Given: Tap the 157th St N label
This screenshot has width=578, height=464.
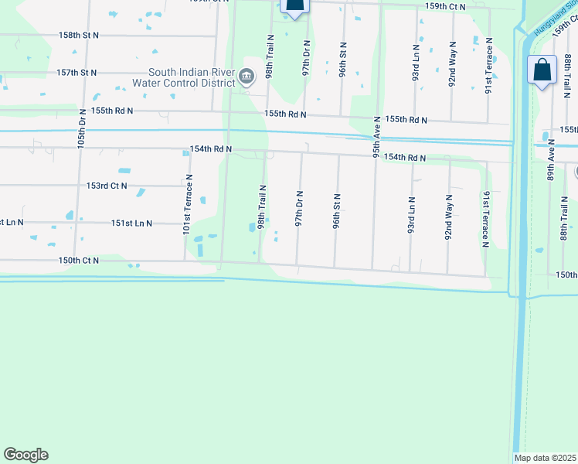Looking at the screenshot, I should (x=77, y=73).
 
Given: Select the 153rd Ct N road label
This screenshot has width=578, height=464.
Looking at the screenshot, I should (x=107, y=186).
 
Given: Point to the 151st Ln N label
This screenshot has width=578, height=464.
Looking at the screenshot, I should (x=131, y=223).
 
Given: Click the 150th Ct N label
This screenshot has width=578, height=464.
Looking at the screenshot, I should (x=78, y=261).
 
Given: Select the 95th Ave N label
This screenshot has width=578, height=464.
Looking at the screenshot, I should (x=377, y=138).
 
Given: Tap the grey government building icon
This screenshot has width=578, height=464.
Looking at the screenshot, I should (x=246, y=77).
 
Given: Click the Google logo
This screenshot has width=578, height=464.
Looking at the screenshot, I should (x=25, y=455).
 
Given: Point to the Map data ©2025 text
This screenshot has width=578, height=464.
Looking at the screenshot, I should (x=546, y=458).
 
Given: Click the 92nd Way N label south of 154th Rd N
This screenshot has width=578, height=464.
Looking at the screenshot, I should (x=448, y=217).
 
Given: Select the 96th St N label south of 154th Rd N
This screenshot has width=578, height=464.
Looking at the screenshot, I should (x=337, y=211).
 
